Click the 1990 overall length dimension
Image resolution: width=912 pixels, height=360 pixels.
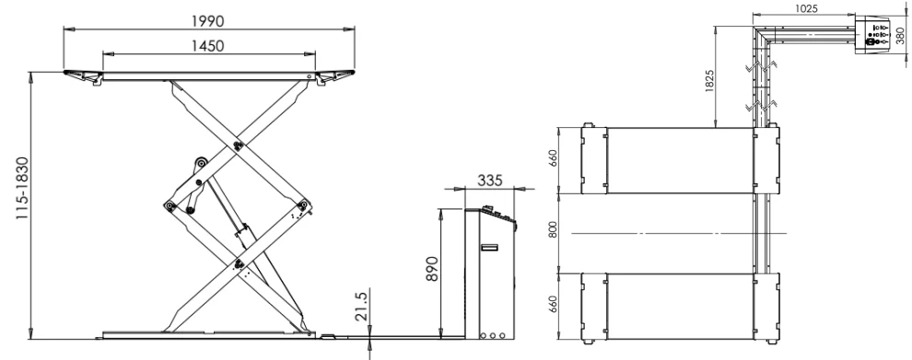207,21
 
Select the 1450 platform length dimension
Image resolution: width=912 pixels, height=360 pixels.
207,45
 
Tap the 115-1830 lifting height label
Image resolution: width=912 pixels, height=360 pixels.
21,188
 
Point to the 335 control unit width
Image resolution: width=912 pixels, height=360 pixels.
490,180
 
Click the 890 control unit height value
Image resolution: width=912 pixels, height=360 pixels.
431,268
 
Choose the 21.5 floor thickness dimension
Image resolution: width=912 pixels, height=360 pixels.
362,307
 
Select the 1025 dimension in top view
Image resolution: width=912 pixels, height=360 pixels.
805,8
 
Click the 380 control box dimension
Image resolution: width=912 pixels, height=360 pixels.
900,37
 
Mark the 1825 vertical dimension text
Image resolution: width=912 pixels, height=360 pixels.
709,80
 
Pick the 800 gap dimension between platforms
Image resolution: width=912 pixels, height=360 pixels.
553,230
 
